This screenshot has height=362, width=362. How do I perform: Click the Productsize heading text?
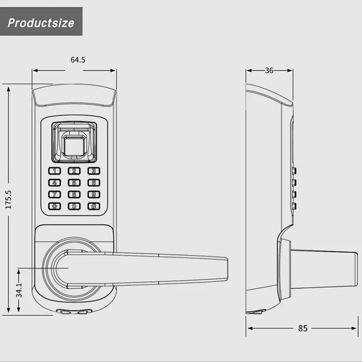[x=41, y=23]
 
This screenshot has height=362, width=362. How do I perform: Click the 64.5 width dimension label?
[x=78, y=60]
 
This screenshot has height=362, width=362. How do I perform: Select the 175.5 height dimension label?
[x=8, y=200]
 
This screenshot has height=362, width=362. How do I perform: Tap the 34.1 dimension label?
[x=19, y=290]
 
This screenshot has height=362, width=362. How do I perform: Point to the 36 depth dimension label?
[x=269, y=71]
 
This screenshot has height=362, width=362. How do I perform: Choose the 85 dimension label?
[x=303, y=328]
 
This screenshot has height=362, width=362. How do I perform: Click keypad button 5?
[x=74, y=183]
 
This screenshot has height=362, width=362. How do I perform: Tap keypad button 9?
[x=94, y=195]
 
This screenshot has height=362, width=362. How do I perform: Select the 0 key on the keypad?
[x=74, y=206]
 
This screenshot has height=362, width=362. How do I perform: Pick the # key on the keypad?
[x=94, y=206]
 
